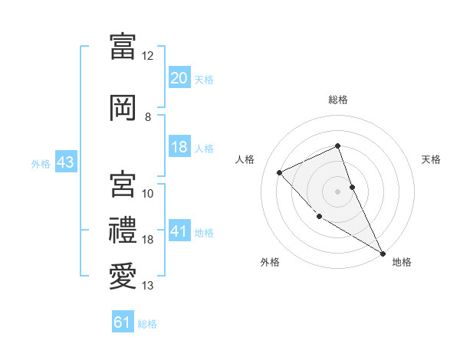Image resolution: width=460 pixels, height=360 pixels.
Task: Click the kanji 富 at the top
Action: [x=122, y=46]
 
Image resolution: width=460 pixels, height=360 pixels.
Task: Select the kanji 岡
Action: [x=122, y=107]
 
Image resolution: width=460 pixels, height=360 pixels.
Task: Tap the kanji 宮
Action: [x=122, y=184]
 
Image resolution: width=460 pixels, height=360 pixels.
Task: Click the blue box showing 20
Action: [x=179, y=78]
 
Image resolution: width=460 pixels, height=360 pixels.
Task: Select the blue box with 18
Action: [x=179, y=147]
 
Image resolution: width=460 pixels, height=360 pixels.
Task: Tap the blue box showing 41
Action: [x=179, y=231]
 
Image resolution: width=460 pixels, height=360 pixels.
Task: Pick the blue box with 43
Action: [x=64, y=162]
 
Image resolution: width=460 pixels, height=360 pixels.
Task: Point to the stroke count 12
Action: [x=147, y=56]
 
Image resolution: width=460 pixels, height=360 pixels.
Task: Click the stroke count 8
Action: [x=147, y=117]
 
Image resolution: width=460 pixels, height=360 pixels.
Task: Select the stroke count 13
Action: [x=147, y=286]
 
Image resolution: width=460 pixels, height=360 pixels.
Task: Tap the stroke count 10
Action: [x=147, y=194]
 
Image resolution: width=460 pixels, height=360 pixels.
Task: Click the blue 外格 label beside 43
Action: [x=40, y=163]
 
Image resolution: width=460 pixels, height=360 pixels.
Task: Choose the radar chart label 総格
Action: [x=338, y=100]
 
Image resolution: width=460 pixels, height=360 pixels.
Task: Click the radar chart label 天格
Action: [x=431, y=159]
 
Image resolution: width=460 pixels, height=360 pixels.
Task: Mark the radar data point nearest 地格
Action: [x=383, y=253]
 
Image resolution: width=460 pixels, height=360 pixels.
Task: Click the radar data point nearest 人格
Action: [x=280, y=172]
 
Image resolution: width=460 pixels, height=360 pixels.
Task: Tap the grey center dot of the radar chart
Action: [x=338, y=191]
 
